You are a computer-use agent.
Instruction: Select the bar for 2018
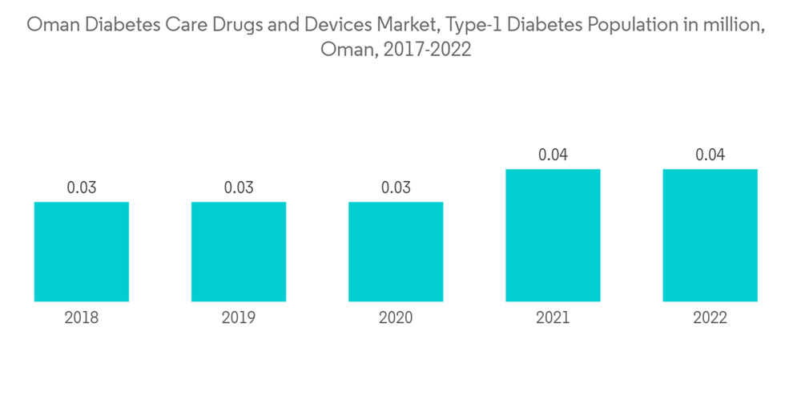[x=82, y=252]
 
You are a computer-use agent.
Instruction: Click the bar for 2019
[x=239, y=252]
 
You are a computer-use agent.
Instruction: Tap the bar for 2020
[x=396, y=252]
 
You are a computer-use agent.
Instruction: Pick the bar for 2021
[x=553, y=236]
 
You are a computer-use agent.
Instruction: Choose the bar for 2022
[x=710, y=236]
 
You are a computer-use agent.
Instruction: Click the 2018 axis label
[x=82, y=318]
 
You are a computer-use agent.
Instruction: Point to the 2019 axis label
[x=239, y=318]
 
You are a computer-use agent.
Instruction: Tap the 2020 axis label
[x=396, y=318]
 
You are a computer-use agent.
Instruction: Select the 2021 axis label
[x=553, y=318]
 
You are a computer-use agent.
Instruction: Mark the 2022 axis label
[x=710, y=318]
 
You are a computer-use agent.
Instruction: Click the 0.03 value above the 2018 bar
[x=82, y=188]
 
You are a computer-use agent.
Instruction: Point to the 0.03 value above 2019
[x=239, y=188]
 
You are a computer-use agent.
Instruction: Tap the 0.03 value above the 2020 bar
[x=396, y=188]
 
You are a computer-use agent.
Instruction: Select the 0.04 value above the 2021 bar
[x=553, y=155]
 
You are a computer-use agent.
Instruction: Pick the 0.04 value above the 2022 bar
[x=710, y=155]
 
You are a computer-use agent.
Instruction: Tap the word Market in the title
[x=409, y=25]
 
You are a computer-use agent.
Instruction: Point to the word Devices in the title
[x=338, y=25]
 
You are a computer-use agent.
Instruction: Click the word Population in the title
[x=630, y=25]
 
